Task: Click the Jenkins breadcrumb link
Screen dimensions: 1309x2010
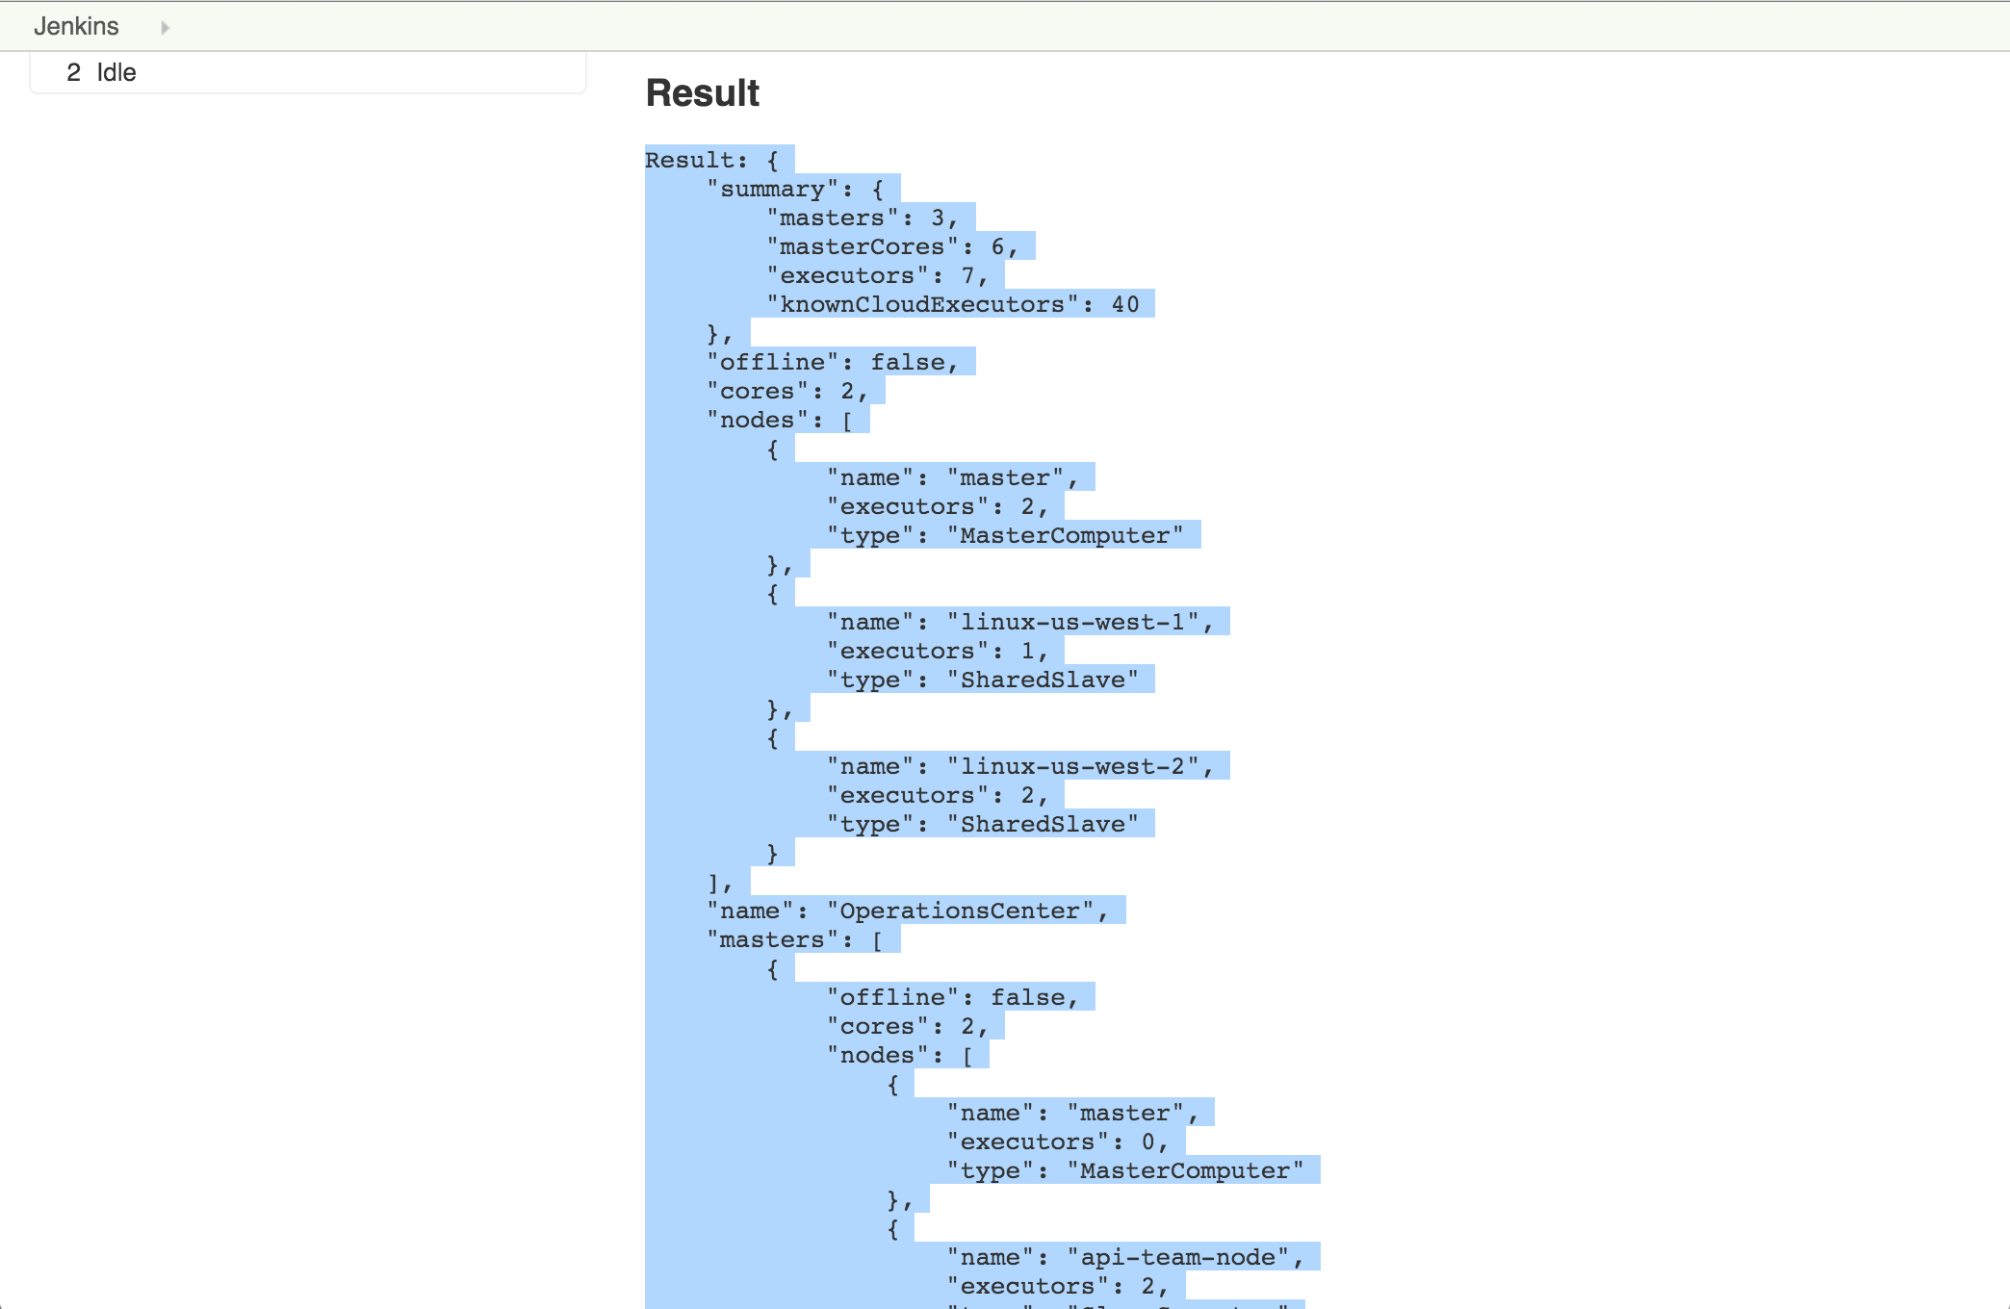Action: coord(76,26)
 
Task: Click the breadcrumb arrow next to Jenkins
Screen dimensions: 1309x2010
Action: coord(165,27)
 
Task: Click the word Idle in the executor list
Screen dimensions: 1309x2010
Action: coord(116,72)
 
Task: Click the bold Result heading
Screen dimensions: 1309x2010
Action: coord(702,93)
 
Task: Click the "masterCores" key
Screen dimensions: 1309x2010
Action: coord(863,246)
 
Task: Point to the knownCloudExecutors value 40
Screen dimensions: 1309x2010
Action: coord(1124,304)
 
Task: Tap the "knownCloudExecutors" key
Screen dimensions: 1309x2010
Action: coord(922,304)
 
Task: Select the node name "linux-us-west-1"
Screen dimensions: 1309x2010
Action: coord(1072,622)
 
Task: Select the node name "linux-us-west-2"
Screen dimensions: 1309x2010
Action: coord(1072,766)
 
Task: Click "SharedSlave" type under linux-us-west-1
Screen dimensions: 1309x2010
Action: coord(1043,680)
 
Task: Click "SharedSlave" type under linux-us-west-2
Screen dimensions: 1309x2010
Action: coord(1043,824)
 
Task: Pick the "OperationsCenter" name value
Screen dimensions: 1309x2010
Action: coord(960,911)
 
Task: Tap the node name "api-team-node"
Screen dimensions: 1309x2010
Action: coord(1178,1257)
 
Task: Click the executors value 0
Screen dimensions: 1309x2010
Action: coord(1148,1142)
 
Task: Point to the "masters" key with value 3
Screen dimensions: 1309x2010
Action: coord(832,218)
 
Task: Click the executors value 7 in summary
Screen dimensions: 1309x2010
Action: coord(967,275)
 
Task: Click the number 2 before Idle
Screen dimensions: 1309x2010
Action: coord(73,72)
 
